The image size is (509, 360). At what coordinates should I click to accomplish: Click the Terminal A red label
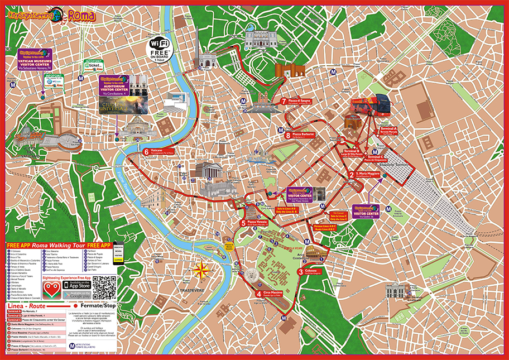[x=388, y=129]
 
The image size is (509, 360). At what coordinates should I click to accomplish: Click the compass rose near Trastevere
[x=201, y=270]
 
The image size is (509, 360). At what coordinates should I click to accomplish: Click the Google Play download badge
[x=79, y=294]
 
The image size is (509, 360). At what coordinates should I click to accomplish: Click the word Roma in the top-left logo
[x=82, y=16]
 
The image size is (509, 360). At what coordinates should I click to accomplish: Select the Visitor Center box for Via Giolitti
[x=366, y=210]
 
